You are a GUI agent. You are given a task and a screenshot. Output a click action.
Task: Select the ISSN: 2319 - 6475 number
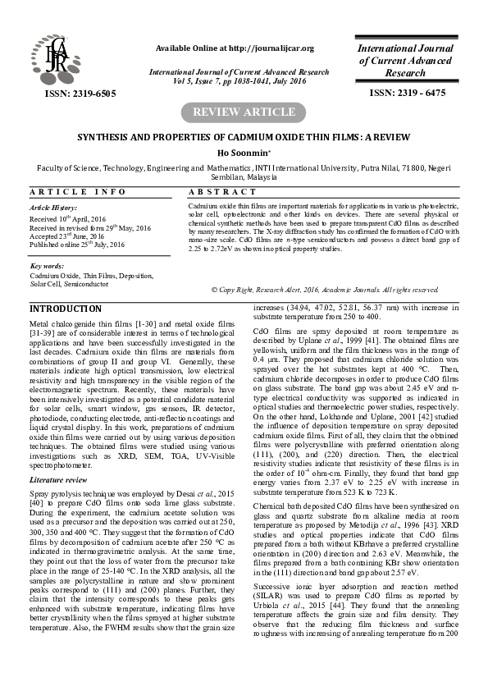coord(408,94)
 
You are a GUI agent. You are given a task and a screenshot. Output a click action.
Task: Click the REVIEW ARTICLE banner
coord(244,112)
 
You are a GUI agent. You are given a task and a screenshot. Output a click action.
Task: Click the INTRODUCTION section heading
coord(66,309)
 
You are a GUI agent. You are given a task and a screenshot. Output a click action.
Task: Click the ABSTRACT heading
coord(224,191)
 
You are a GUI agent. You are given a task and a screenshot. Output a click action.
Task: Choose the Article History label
coord(52,209)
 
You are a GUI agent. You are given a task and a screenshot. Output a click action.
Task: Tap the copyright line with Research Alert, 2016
coord(326,291)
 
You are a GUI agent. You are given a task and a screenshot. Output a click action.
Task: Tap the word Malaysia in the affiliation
coord(256,176)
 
